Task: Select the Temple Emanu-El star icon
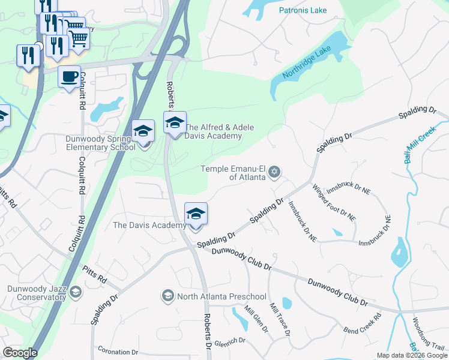point(274,173)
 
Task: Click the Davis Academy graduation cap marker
point(196,214)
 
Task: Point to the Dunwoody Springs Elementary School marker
point(144,132)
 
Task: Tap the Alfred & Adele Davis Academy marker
point(175,123)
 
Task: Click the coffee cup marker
point(69,77)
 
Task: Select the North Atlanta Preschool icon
point(167,296)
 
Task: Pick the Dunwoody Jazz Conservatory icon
point(76,292)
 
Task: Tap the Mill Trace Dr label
point(280,318)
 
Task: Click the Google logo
point(20,353)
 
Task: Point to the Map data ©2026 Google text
point(412,355)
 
